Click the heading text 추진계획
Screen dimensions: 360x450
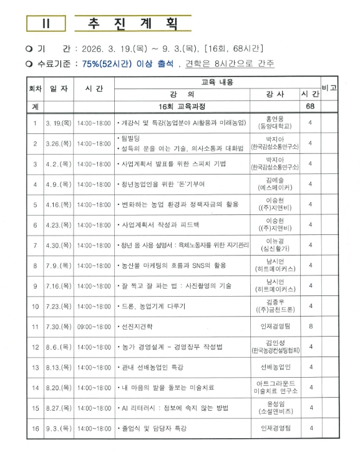[x=129, y=23]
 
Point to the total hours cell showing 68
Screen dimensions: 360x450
[x=310, y=107]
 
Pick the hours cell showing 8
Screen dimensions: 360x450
[x=310, y=326]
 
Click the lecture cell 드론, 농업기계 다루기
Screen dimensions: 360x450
[x=153, y=305]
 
